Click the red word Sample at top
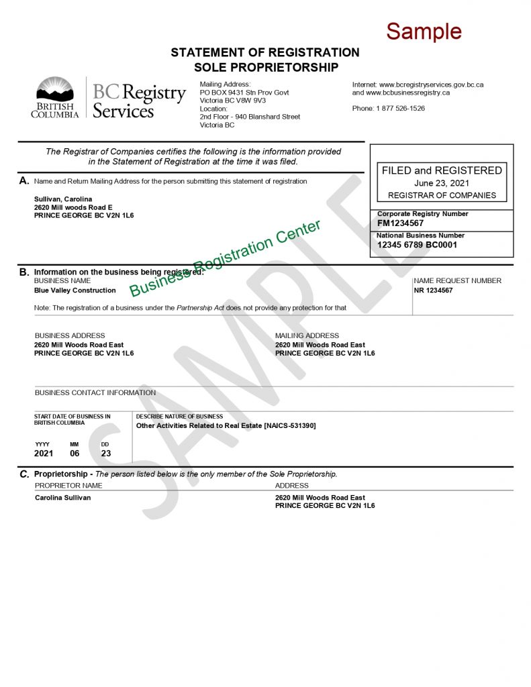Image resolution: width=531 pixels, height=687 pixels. click(424, 31)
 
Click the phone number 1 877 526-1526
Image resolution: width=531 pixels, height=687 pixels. click(400, 109)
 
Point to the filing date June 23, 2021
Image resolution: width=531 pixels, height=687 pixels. click(442, 183)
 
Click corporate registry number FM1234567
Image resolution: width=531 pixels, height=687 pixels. click(401, 223)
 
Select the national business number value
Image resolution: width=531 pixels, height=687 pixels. click(417, 245)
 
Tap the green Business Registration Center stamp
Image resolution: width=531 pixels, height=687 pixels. click(225, 258)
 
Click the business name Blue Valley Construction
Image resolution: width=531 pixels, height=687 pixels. click(75, 290)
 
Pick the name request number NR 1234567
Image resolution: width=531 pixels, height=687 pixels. click(433, 290)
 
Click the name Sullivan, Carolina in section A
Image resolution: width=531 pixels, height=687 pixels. click(63, 199)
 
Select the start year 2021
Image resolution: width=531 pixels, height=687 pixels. click(44, 454)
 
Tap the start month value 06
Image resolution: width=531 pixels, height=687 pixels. click(75, 454)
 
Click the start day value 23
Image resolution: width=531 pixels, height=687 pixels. click(105, 454)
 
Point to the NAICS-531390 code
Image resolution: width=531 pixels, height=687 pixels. click(290, 425)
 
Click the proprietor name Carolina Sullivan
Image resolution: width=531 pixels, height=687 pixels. click(62, 498)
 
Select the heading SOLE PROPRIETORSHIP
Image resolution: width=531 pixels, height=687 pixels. click(266, 67)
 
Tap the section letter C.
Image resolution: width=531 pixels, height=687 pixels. click(24, 474)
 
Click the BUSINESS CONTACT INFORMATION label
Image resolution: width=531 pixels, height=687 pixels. click(95, 392)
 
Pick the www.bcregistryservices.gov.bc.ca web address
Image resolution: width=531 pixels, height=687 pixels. click(431, 85)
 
